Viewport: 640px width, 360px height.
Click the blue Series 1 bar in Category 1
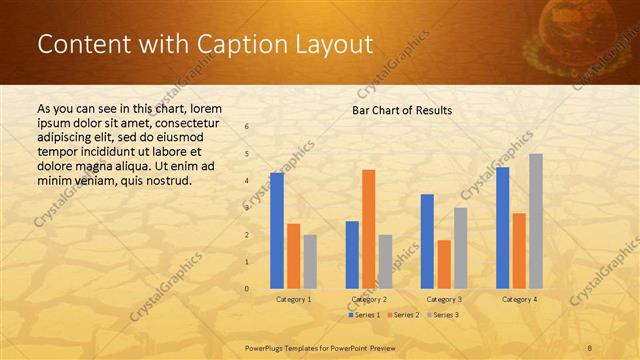(x=277, y=231)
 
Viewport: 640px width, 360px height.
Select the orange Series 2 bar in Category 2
(x=368, y=229)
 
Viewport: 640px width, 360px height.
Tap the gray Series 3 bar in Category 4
(x=536, y=221)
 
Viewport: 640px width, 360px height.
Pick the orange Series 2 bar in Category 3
(x=443, y=264)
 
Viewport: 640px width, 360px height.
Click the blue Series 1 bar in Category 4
(x=502, y=228)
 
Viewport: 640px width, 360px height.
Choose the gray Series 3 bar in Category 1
(x=310, y=262)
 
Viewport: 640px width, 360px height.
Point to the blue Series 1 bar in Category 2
(x=352, y=255)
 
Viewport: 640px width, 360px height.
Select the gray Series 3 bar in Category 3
(x=460, y=248)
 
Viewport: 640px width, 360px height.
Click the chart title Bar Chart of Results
(x=402, y=110)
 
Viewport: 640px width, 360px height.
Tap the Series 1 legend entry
(x=365, y=315)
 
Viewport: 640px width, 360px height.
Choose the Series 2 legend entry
(x=403, y=315)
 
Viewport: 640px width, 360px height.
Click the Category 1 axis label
(x=294, y=299)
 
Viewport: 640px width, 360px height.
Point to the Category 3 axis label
(x=444, y=299)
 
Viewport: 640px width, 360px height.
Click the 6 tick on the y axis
(x=248, y=127)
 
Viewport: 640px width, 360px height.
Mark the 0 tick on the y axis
(x=248, y=289)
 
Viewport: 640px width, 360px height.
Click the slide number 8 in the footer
(x=590, y=347)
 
